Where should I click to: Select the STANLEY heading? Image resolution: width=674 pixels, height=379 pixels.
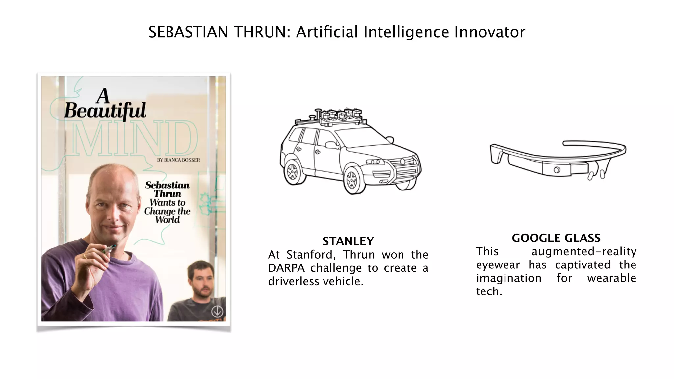pos(348,241)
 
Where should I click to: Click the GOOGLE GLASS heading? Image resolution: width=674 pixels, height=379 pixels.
pos(556,238)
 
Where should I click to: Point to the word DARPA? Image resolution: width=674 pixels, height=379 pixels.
pos(286,268)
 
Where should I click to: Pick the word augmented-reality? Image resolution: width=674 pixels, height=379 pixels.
pos(584,251)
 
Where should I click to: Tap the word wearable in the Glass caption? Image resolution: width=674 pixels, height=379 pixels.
pos(611,278)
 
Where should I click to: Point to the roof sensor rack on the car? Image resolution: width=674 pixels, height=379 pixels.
pos(339,117)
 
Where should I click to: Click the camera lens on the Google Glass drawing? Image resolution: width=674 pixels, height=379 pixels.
pos(557,170)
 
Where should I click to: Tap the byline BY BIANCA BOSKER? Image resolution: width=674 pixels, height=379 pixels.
pos(178,160)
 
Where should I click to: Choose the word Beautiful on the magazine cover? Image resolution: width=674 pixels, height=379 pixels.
pos(105,111)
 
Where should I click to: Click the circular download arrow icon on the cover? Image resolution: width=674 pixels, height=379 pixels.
pos(217,311)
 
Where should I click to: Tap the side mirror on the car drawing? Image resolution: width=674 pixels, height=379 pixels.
pos(332,145)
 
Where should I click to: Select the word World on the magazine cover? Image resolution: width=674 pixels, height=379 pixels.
pos(168,220)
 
